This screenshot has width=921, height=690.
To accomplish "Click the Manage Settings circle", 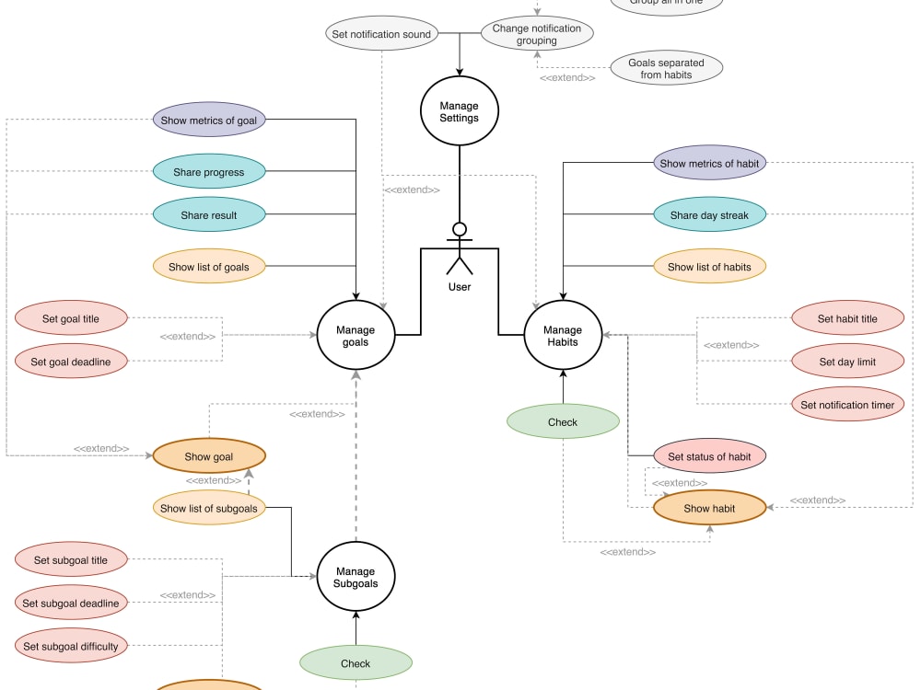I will click(x=459, y=111).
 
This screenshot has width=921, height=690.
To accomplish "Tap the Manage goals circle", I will click(x=356, y=336).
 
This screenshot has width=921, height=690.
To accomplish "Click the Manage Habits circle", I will click(x=563, y=336).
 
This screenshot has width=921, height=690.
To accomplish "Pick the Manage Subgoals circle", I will click(x=356, y=578).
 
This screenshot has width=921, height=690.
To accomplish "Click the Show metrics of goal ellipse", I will click(x=209, y=119).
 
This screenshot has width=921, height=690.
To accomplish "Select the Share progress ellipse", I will click(x=209, y=172).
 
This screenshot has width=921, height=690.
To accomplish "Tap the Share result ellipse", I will click(x=209, y=215).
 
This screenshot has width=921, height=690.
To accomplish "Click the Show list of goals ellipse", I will click(x=209, y=268).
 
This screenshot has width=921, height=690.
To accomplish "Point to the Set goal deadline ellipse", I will click(x=71, y=362).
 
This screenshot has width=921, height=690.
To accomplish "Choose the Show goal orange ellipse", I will click(x=209, y=456).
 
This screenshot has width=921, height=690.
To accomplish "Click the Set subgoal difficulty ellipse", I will click(x=71, y=646).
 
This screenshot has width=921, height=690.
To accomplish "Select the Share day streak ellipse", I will click(x=709, y=215).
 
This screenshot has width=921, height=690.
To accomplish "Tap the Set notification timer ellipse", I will click(x=847, y=405).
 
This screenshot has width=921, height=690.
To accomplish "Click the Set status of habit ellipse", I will click(x=709, y=456).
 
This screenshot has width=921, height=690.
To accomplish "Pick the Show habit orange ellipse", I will click(x=709, y=508).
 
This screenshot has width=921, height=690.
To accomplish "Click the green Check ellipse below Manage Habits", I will click(x=563, y=422).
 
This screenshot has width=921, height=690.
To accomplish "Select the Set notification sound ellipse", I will click(x=381, y=35).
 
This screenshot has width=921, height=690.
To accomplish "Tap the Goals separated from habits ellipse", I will click(x=666, y=69).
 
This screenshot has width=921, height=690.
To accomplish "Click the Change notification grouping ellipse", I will click(x=537, y=34).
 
